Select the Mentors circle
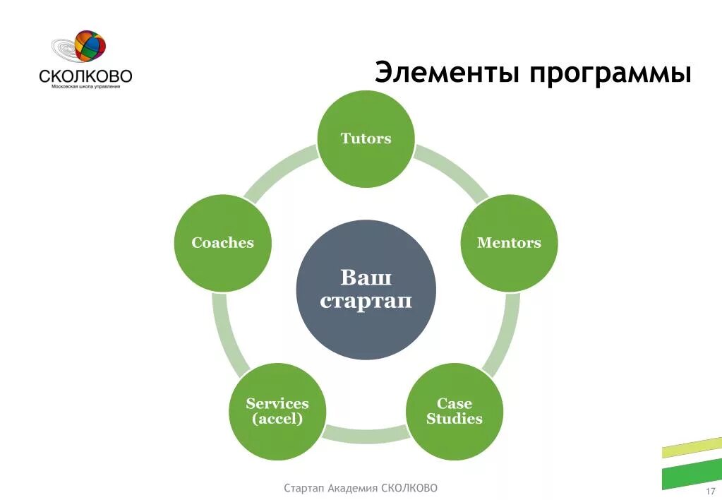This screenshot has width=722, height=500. [x=509, y=243]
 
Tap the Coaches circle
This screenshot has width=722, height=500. [x=222, y=243]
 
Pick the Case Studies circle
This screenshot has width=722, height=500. [x=455, y=411]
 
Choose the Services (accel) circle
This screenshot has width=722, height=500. [x=277, y=411]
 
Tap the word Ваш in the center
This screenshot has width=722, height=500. [x=366, y=276]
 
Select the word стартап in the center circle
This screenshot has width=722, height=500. [x=366, y=302]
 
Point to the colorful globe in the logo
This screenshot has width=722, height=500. [x=90, y=47]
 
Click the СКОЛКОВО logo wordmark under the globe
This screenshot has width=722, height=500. [x=85, y=76]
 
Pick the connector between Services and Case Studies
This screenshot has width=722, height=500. [x=366, y=432]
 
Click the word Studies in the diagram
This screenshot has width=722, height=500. [x=455, y=419]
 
